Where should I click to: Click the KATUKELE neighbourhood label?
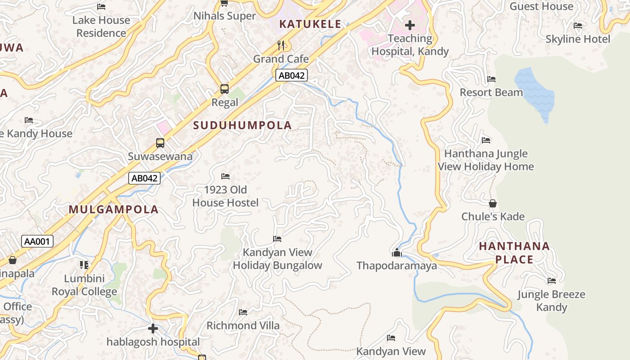point(310,24)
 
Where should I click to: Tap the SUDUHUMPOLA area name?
point(243,126)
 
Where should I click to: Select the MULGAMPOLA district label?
point(114,209)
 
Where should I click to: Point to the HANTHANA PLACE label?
point(514,253)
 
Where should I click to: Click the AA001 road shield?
point(37,242)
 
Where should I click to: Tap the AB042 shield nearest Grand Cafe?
point(292,76)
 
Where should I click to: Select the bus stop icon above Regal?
point(225,89)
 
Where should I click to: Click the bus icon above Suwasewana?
point(160,143)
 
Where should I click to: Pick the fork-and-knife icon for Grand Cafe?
point(281,45)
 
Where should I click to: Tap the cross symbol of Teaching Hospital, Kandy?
point(409,25)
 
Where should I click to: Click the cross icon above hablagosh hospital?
point(153,328)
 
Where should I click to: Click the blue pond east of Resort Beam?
point(534,92)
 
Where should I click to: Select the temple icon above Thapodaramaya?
point(396,252)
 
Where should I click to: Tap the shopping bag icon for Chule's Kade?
point(493,203)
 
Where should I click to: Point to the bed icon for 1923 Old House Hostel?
point(225,176)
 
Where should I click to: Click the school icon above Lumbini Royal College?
point(84,265)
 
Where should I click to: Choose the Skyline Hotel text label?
point(578,39)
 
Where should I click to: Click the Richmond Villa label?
point(243,325)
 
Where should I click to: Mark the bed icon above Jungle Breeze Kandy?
point(552,281)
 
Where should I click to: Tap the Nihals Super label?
point(225,16)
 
